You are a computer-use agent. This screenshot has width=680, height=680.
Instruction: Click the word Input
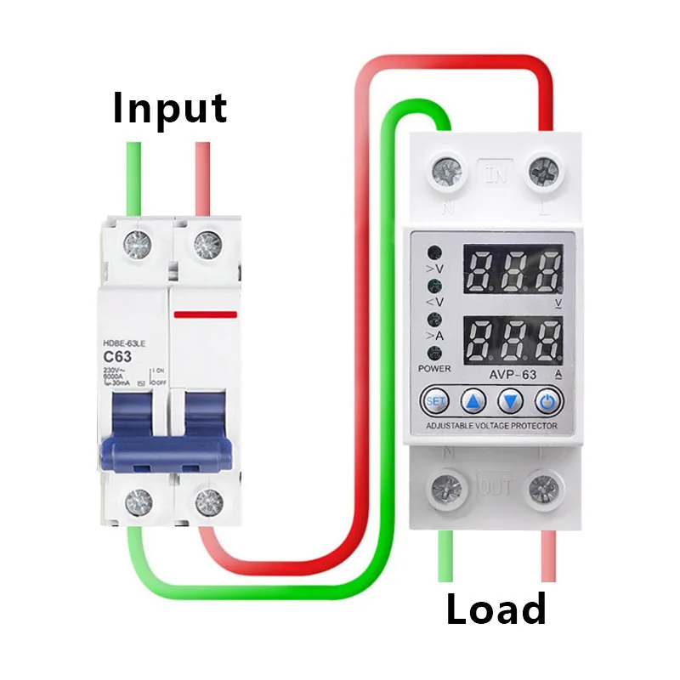(x=170, y=109)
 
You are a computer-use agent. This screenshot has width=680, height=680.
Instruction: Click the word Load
(x=496, y=609)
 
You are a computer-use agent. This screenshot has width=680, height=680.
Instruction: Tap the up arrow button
(x=472, y=399)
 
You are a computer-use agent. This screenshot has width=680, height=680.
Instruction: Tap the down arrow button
(x=508, y=399)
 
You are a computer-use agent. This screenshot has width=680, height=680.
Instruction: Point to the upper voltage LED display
(x=513, y=271)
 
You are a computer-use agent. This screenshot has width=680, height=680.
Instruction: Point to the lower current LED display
(x=513, y=339)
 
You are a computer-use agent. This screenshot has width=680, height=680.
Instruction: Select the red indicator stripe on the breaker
(x=205, y=314)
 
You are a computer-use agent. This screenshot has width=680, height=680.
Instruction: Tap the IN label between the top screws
(x=495, y=175)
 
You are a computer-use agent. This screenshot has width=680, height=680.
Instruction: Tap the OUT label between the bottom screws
(x=495, y=489)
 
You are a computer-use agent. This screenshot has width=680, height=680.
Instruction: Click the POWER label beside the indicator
(x=435, y=368)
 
